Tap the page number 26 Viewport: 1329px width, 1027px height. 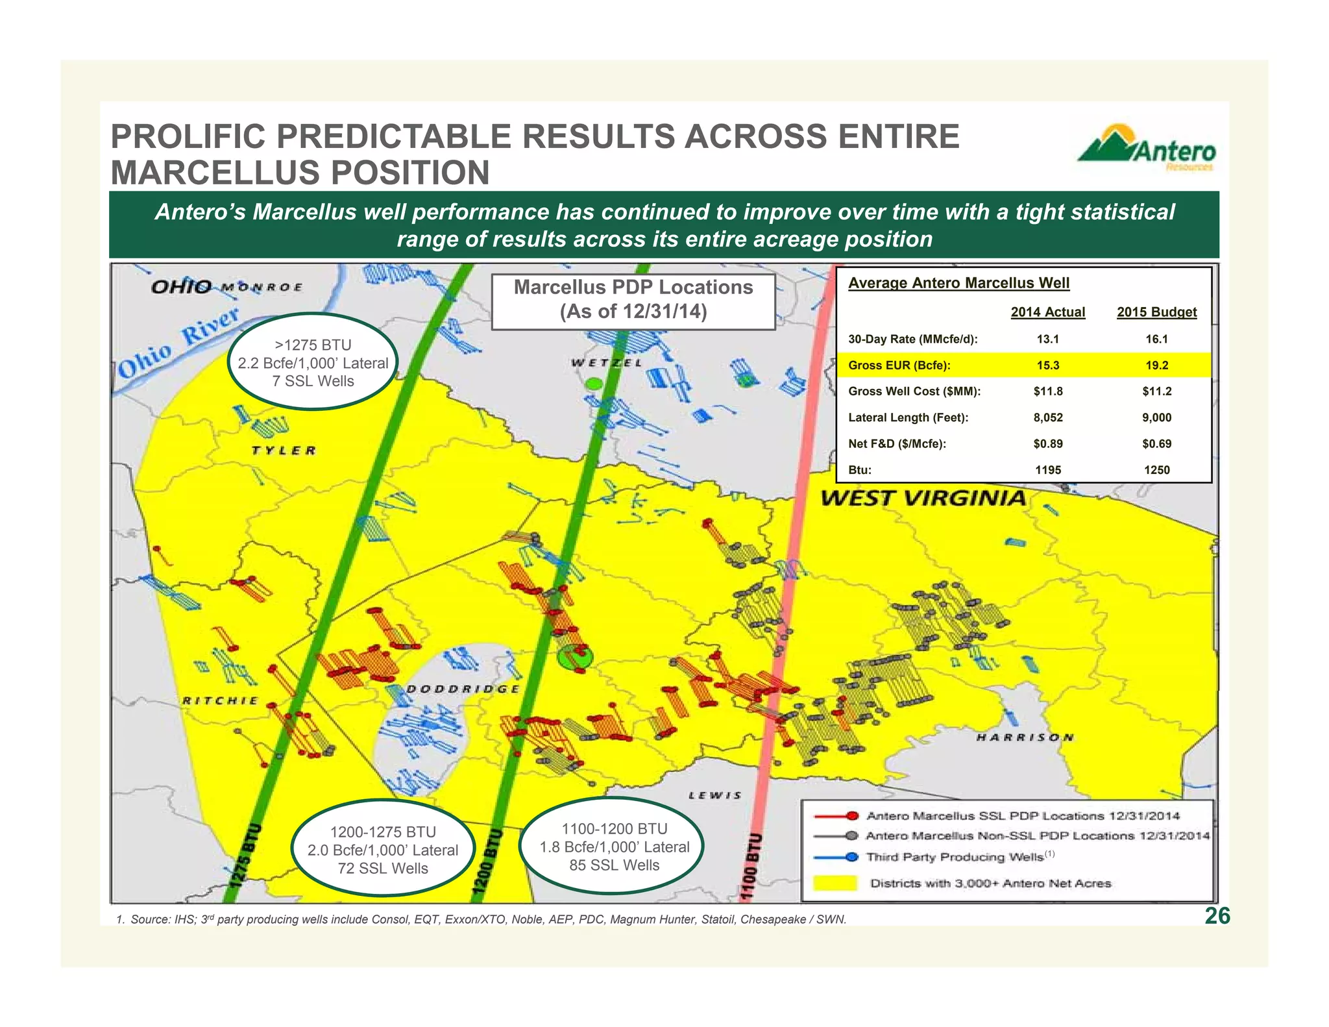click(1217, 915)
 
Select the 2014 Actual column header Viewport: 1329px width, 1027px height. click(1047, 312)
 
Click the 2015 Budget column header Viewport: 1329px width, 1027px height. click(1156, 312)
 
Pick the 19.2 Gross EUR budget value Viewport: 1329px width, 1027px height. click(1156, 365)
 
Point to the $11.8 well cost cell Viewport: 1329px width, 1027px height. click(1047, 391)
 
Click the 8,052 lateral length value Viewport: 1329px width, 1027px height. click(1047, 417)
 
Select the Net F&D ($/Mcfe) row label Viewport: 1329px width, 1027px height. click(897, 444)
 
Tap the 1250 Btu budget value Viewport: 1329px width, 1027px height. click(1156, 470)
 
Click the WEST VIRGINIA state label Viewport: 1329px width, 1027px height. click(923, 499)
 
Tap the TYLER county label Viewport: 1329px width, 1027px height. click(284, 451)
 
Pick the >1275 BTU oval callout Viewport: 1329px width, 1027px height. click(313, 362)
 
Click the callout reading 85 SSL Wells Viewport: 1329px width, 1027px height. click(614, 847)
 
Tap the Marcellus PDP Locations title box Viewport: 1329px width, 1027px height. click(633, 300)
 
